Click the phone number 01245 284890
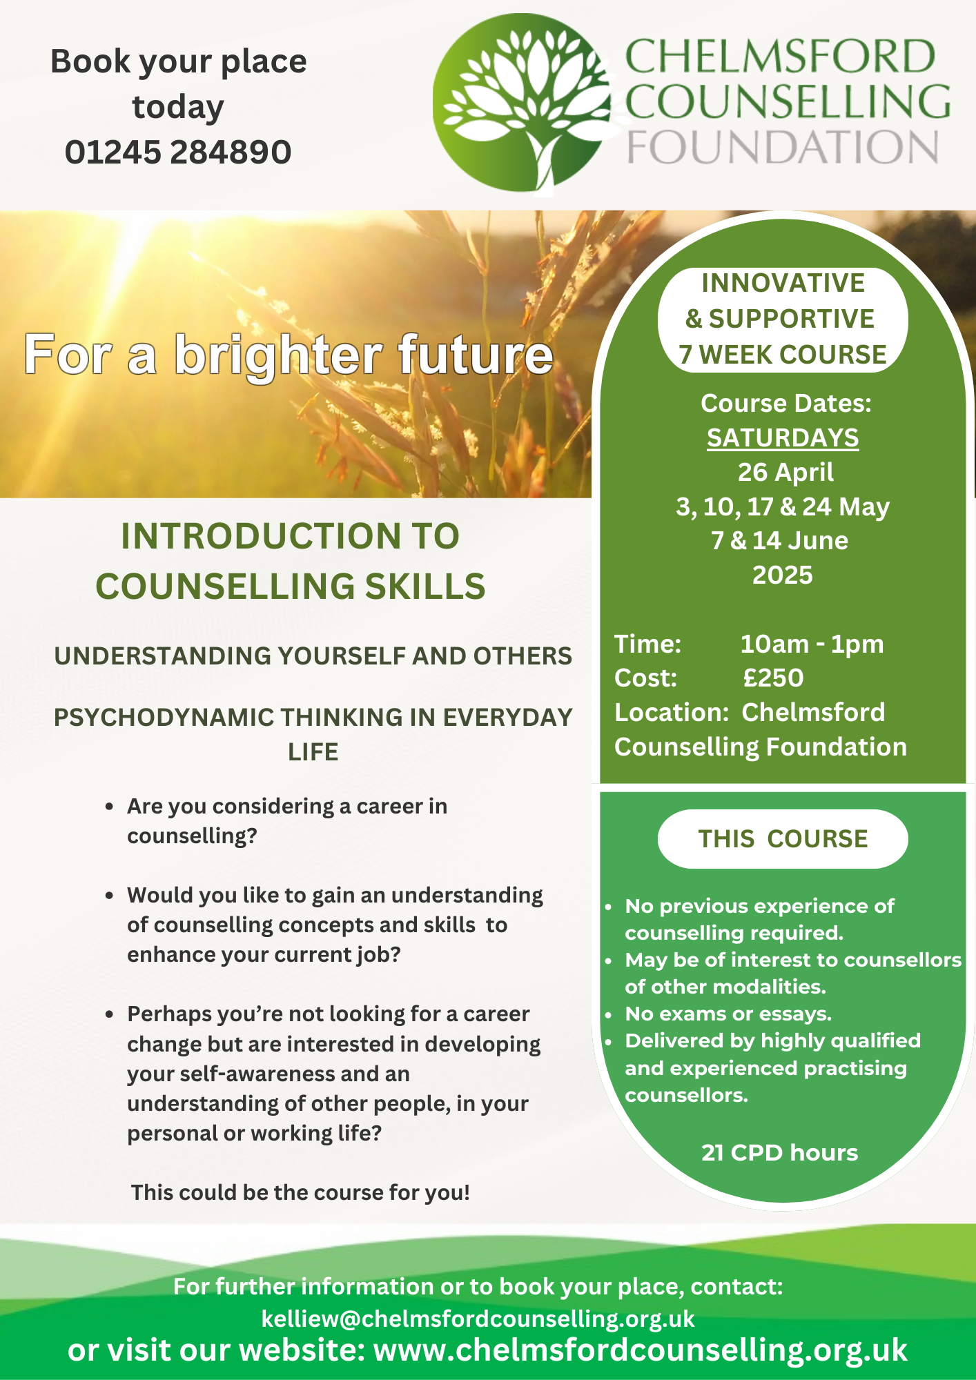point(178,152)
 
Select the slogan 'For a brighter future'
point(289,355)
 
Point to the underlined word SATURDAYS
point(783,438)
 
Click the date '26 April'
point(785,472)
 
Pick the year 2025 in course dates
point(783,575)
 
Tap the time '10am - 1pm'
point(812,644)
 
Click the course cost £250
point(773,678)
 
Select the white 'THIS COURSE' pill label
point(783,839)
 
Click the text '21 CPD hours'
point(779,1152)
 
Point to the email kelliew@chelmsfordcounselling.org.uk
point(478,1319)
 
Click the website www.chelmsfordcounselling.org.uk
point(640,1350)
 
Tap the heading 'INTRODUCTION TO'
point(290,536)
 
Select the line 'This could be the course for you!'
point(300,1192)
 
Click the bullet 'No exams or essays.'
point(728,1014)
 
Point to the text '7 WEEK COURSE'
point(782,355)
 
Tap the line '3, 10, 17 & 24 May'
point(783,506)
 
